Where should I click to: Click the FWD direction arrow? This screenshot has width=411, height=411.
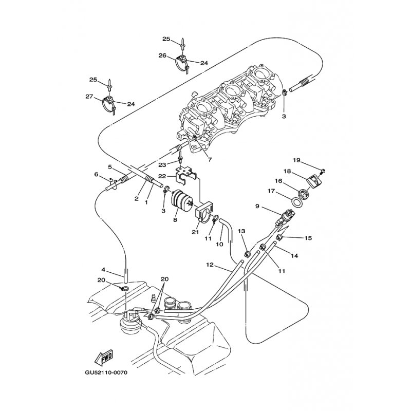[x=104, y=358]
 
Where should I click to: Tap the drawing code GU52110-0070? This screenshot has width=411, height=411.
[x=106, y=372]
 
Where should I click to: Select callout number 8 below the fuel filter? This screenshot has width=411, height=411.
[x=175, y=220]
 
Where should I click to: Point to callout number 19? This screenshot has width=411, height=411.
[x=296, y=160]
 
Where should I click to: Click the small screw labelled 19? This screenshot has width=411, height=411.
[x=323, y=171]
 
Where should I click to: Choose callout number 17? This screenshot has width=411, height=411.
[x=271, y=191]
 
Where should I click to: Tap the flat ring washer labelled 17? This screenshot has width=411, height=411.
[x=297, y=202]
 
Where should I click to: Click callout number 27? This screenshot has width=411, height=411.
[x=89, y=97]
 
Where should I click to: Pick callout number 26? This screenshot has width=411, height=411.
[x=162, y=55]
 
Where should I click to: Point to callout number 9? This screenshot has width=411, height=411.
[x=257, y=207]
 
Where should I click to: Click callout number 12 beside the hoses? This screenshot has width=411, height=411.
[x=210, y=265]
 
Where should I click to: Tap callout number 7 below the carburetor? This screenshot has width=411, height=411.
[x=210, y=160]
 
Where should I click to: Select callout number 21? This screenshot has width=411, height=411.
[x=195, y=232]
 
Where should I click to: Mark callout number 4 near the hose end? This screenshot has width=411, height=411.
[x=103, y=269]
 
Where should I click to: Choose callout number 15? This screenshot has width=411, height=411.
[x=308, y=238]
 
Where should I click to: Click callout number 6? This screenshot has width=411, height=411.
[x=96, y=174]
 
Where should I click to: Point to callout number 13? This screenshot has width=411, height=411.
[x=241, y=231]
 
